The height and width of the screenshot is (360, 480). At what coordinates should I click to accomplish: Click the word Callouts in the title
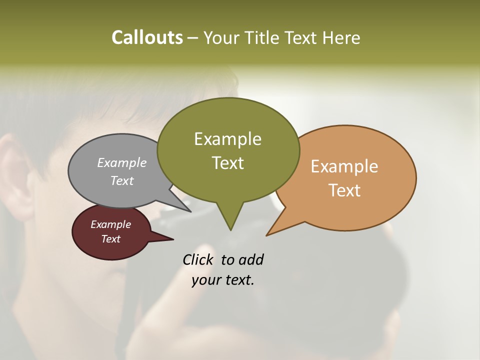click(x=147, y=37)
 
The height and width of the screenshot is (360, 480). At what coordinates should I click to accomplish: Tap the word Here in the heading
click(x=341, y=37)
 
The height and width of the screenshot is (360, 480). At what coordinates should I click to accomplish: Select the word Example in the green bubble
click(x=227, y=139)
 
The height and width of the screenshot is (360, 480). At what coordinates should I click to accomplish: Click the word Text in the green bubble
click(x=227, y=163)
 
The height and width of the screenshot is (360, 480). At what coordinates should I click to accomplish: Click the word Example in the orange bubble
click(x=344, y=166)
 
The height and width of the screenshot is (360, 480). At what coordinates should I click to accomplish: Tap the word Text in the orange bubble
click(x=344, y=190)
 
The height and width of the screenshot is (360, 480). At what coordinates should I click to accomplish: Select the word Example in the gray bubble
click(x=122, y=162)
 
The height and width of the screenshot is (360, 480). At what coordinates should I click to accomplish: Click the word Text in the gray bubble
click(x=122, y=180)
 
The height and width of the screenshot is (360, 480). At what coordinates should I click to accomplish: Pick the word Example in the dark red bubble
click(x=110, y=224)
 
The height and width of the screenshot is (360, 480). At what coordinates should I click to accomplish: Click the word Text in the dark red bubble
click(x=110, y=239)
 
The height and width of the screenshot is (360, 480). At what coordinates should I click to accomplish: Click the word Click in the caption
click(x=199, y=260)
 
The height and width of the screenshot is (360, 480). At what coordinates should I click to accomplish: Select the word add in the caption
click(x=251, y=260)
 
